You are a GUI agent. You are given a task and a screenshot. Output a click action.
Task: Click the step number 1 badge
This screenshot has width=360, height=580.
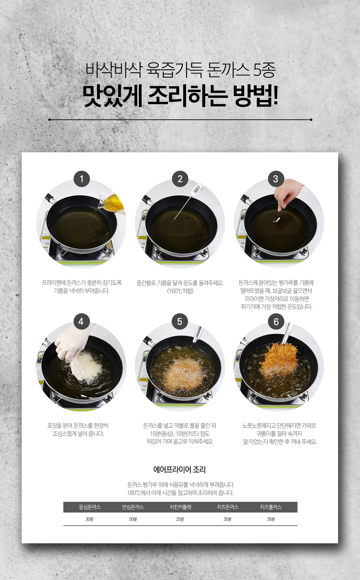(x=82, y=179)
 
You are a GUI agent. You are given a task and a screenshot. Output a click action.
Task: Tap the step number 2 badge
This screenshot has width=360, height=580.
(x=180, y=179)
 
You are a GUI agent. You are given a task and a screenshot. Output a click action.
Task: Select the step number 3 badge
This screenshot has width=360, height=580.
(x=276, y=179)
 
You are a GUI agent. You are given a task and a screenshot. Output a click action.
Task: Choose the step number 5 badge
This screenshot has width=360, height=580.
(x=180, y=322)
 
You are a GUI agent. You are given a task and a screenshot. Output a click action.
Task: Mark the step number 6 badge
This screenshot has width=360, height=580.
(x=276, y=322)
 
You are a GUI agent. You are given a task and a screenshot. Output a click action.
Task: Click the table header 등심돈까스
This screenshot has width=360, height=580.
(x=90, y=507)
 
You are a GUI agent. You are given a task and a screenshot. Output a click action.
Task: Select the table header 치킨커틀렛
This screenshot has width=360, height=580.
(x=180, y=507)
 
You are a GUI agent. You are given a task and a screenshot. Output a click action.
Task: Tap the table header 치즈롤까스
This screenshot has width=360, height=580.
(x=271, y=507)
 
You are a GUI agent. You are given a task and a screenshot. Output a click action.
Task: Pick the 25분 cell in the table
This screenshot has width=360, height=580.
(x=180, y=519)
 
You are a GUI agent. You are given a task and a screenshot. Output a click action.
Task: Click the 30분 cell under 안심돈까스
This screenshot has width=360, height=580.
(x=133, y=519)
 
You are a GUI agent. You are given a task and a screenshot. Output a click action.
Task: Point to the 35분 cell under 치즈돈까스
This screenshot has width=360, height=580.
(x=227, y=519)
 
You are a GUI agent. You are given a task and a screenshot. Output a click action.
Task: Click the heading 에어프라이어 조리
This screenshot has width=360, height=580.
(x=179, y=470)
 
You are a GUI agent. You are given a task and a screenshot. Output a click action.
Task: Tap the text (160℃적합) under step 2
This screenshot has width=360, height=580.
(x=180, y=291)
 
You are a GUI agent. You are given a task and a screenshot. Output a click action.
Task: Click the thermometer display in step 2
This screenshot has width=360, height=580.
(x=196, y=189)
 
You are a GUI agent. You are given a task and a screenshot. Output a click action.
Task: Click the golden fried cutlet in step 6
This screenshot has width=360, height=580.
(x=279, y=359)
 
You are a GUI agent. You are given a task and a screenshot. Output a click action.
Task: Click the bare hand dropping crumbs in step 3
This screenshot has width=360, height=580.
(x=288, y=194)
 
